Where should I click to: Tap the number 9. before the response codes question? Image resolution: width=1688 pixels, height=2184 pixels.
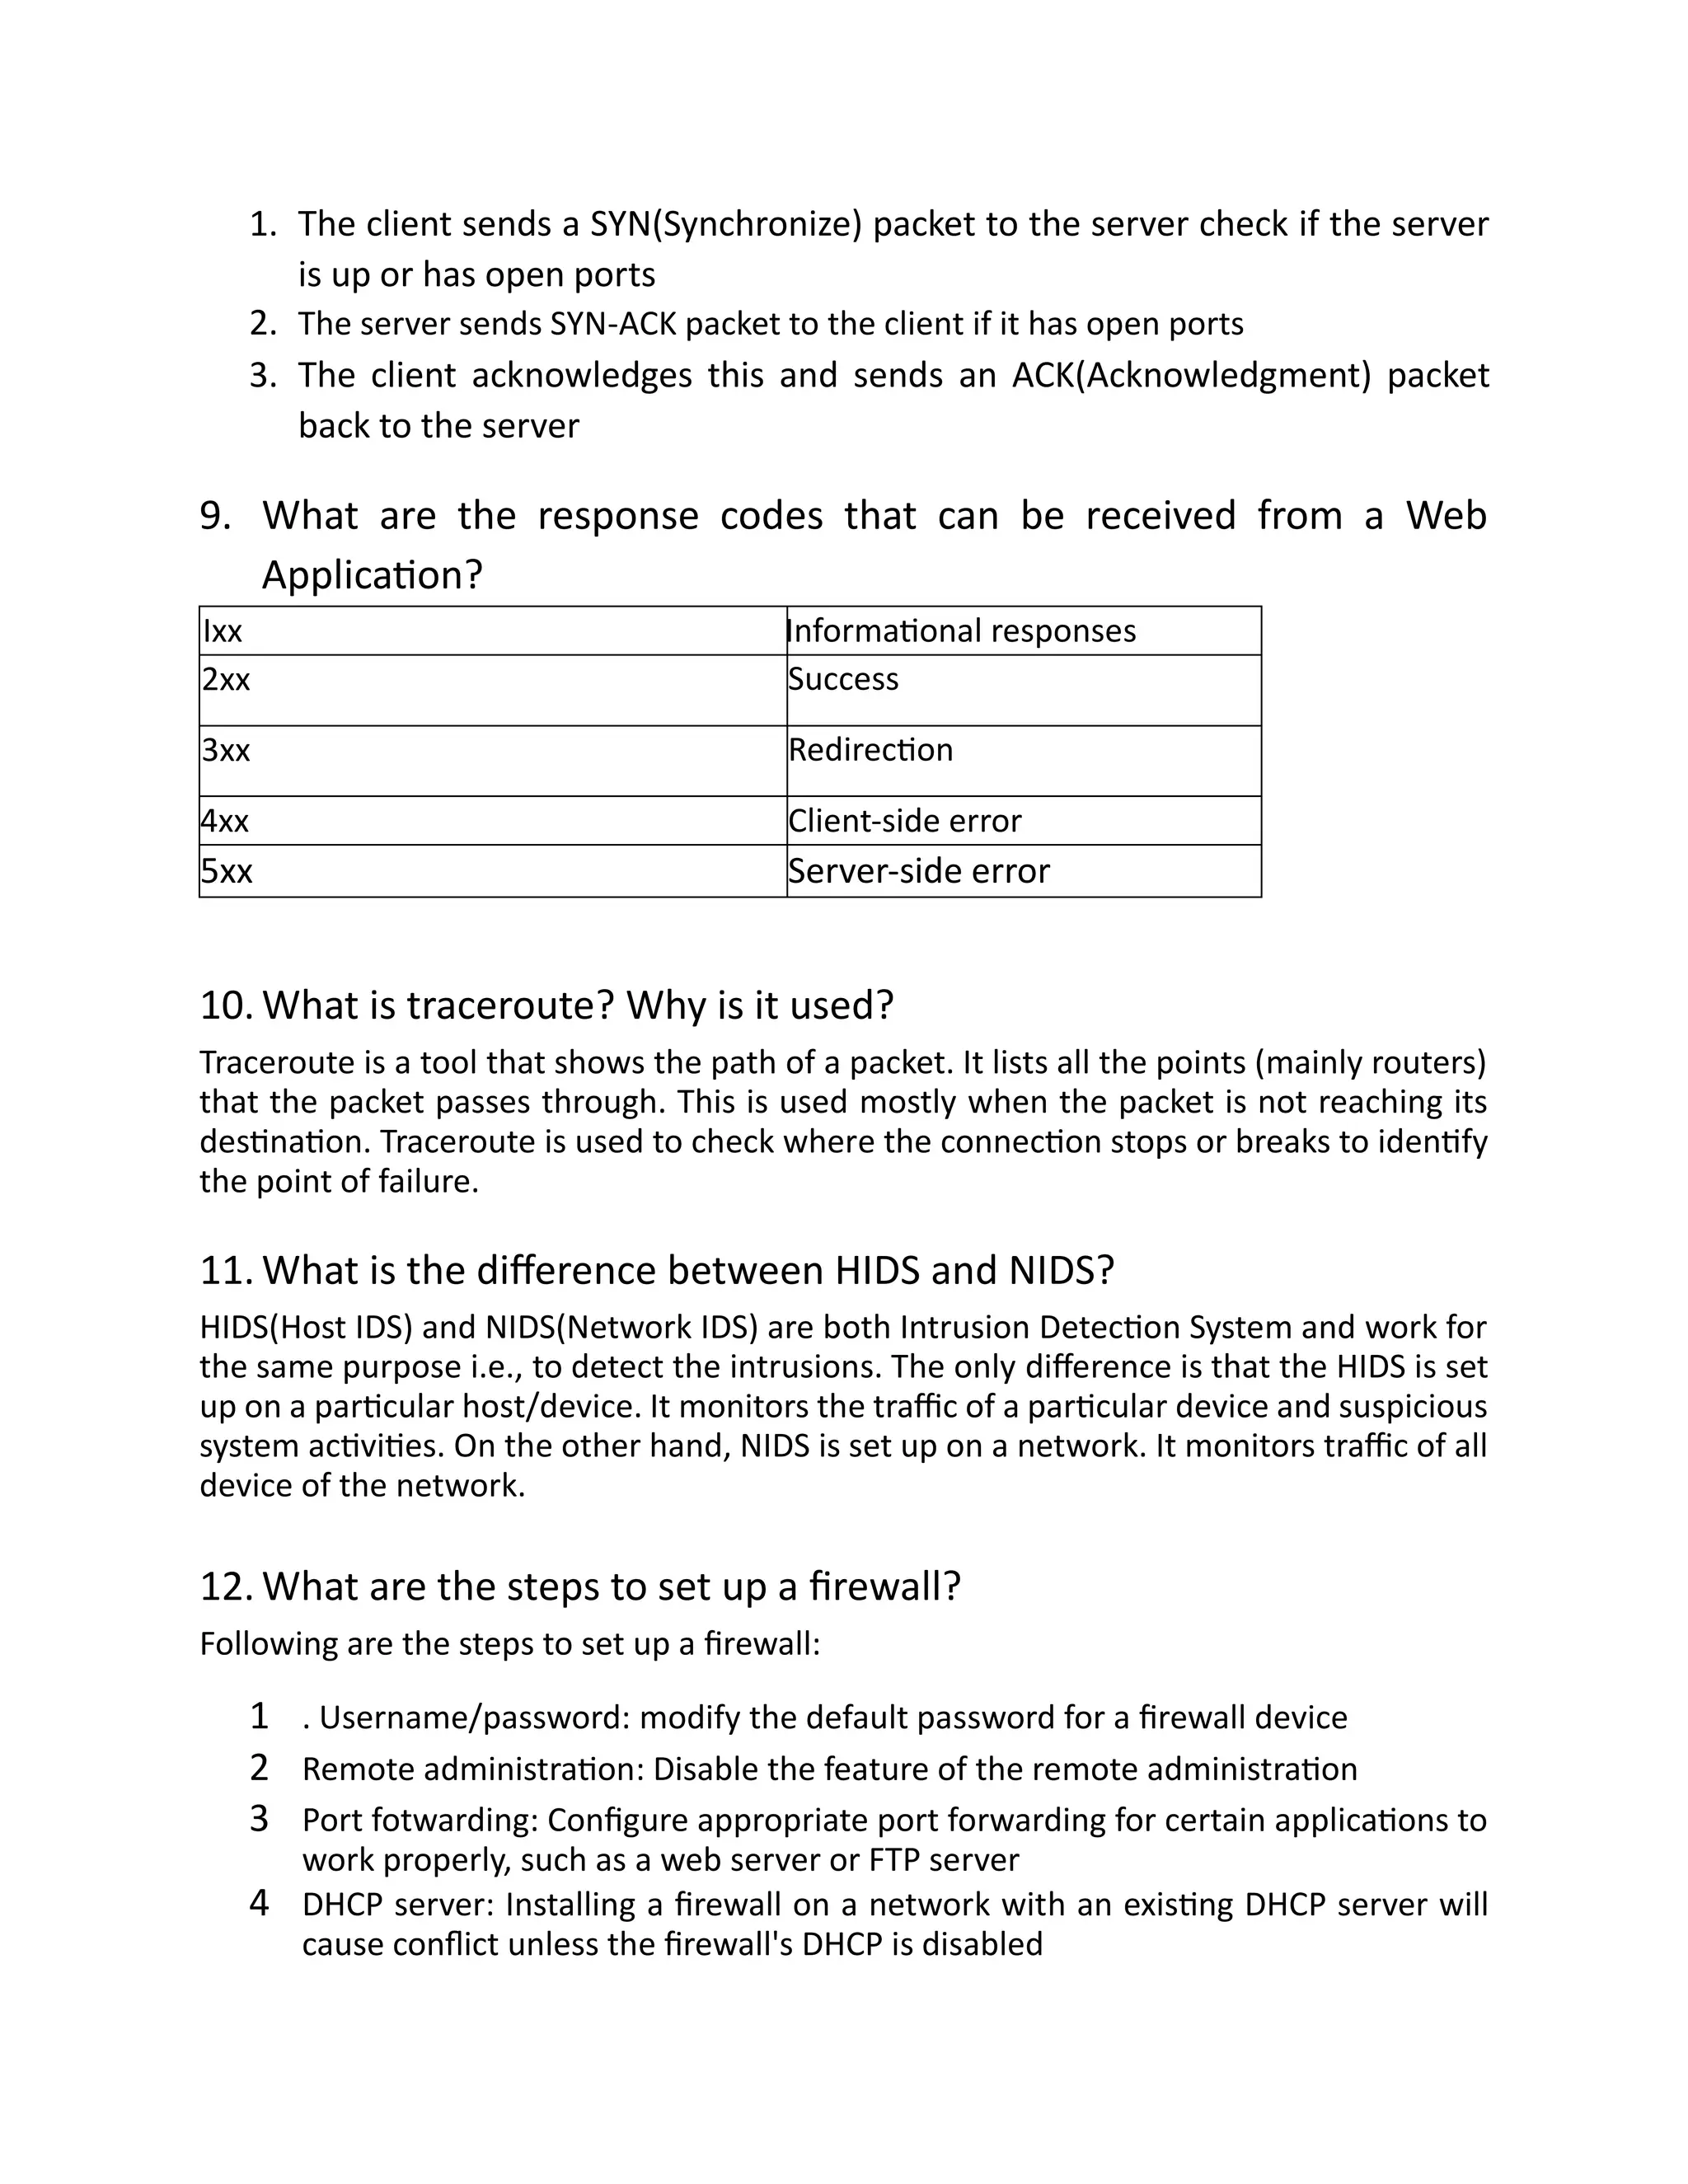tap(215, 516)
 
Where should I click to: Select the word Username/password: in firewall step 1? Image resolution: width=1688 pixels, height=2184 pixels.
tap(474, 1718)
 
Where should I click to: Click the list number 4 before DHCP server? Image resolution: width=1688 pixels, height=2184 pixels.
tap(259, 1903)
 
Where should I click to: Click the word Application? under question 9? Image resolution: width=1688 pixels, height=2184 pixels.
tap(372, 576)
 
